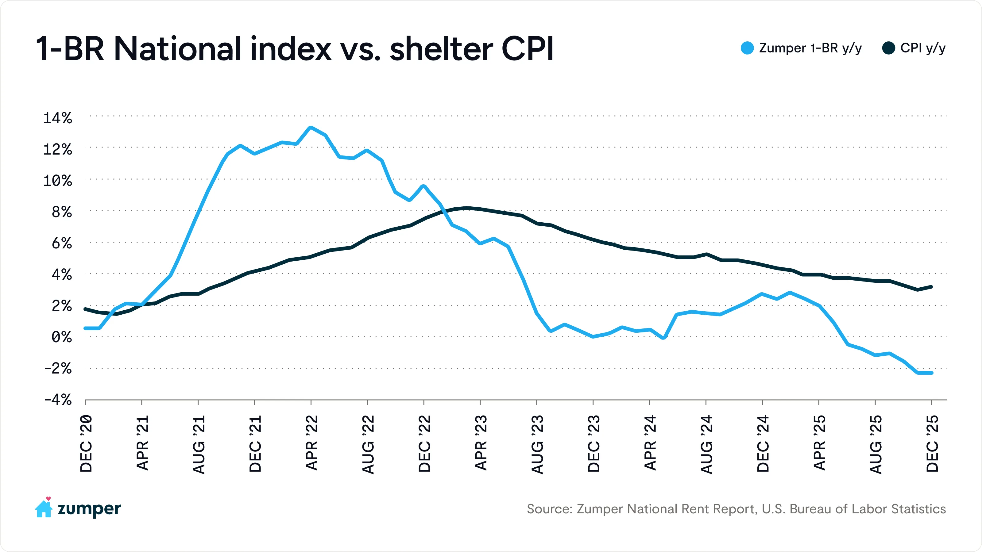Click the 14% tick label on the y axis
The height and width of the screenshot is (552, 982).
tap(57, 118)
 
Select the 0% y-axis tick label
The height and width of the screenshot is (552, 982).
tap(61, 337)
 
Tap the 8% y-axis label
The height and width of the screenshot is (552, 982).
tap(61, 212)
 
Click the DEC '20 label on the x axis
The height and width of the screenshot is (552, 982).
tap(86, 444)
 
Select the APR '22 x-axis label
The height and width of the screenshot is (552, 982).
tap(312, 443)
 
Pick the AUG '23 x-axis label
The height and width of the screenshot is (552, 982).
tap(538, 445)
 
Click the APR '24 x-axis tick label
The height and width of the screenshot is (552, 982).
tap(650, 443)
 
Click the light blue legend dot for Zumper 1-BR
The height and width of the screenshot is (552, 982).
tap(747, 48)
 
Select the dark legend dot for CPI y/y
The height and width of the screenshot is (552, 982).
tap(889, 48)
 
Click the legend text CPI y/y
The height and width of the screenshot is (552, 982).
tap(922, 48)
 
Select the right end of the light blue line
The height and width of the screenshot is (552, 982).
tap(932, 373)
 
